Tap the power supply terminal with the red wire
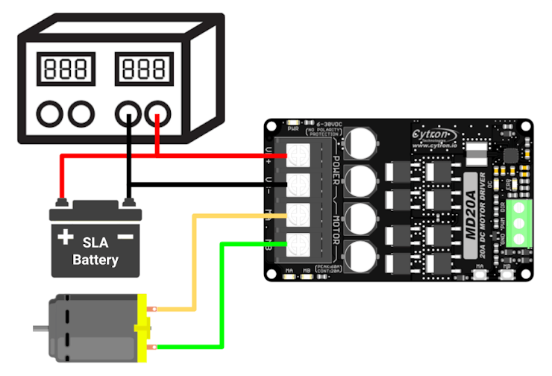[157, 114]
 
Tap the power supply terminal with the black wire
[128, 114]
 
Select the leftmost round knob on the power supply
[51, 114]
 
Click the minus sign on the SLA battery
[126, 237]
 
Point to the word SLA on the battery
[95, 244]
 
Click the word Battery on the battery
[95, 260]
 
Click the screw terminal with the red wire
[298, 154]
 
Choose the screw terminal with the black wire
[298, 184]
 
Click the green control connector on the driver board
[520, 222]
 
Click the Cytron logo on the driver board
[436, 134]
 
